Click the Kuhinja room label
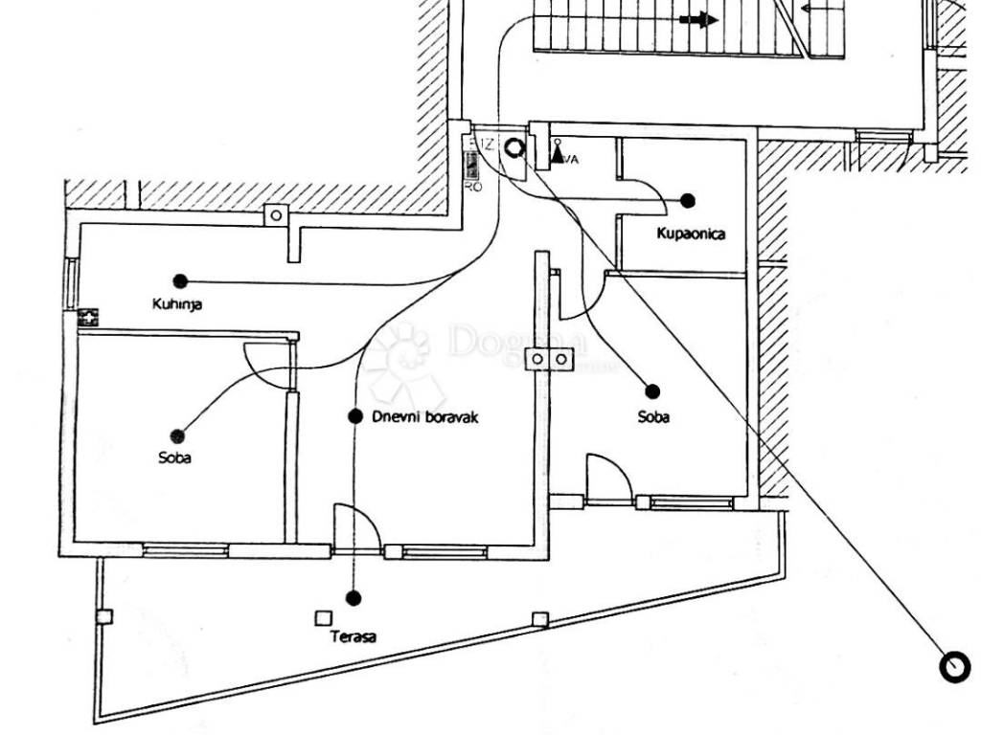177,304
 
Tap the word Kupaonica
691,234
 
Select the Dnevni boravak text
424,417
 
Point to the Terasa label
354,636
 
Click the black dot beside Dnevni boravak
355,416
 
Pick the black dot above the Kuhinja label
180,281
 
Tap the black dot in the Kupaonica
688,200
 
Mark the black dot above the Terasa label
354,598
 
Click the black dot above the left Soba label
176,435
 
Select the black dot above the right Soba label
653,390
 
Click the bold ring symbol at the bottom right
955,667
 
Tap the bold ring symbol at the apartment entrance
514,148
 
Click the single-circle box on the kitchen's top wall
276,215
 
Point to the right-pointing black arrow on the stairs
699,19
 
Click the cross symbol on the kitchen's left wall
89,317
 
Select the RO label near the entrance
472,187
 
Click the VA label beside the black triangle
571,159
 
